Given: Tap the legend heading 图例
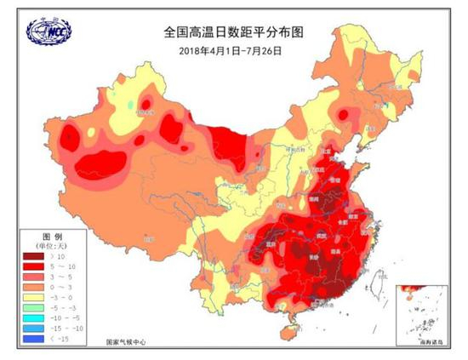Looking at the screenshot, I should pos(52,234).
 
